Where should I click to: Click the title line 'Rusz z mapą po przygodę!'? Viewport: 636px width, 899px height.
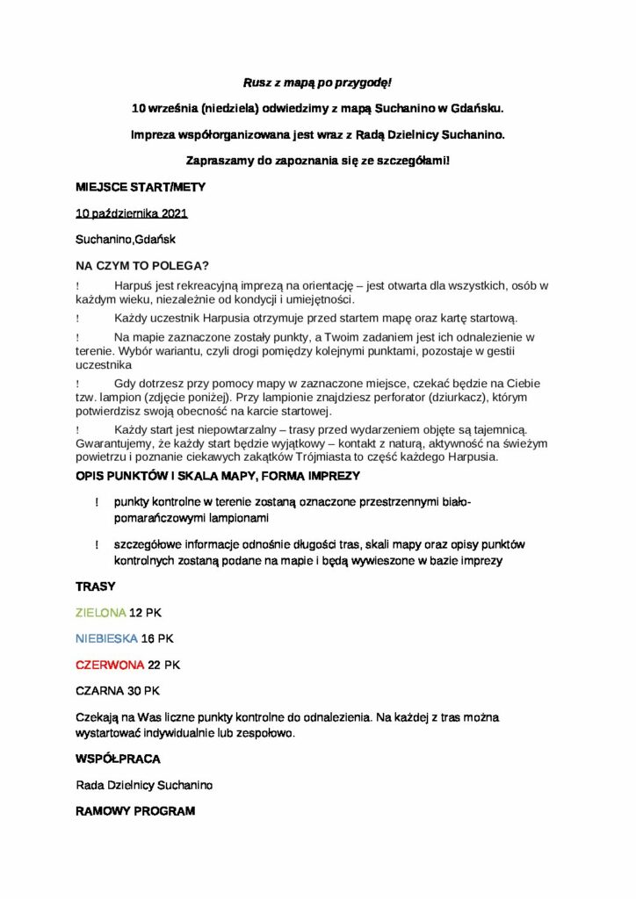click(x=317, y=83)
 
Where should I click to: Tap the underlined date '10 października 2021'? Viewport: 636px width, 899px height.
click(x=132, y=213)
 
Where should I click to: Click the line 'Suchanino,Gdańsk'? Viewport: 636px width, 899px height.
click(x=119, y=239)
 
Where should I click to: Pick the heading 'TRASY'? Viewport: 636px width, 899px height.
click(x=96, y=586)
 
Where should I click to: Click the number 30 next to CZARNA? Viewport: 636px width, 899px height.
click(x=135, y=690)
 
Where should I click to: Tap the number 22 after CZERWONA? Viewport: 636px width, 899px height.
click(x=155, y=664)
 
